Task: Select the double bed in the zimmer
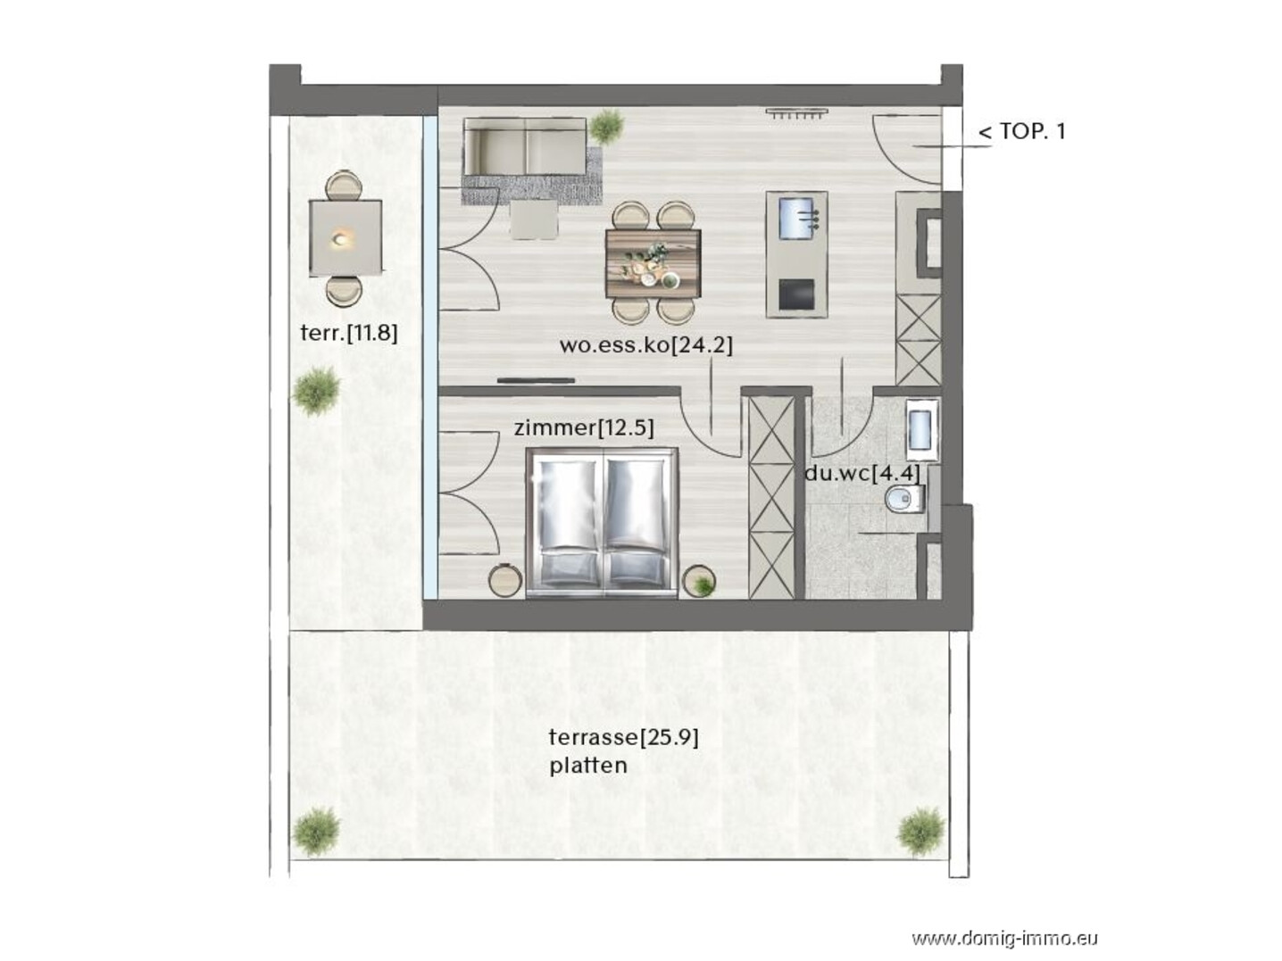[x=602, y=523]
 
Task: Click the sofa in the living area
[x=524, y=146]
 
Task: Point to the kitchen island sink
[x=796, y=219]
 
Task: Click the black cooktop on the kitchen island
[x=796, y=295]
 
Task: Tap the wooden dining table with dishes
[x=653, y=264]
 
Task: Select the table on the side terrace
[x=345, y=238]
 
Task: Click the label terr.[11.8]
[x=349, y=333]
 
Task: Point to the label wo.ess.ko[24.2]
[x=645, y=345]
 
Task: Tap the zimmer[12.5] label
[x=584, y=428]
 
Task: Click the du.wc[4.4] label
[x=862, y=473]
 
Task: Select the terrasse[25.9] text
[x=623, y=738]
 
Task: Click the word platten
[x=588, y=766]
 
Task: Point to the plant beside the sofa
[x=606, y=126]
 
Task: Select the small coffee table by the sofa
[x=533, y=220]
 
